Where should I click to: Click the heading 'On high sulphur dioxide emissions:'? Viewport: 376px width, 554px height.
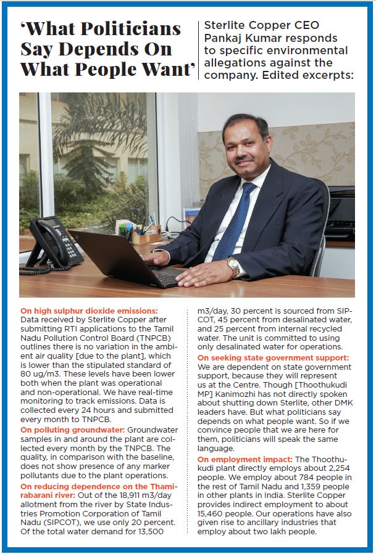89,311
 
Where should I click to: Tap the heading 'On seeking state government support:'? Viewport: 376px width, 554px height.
272,357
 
